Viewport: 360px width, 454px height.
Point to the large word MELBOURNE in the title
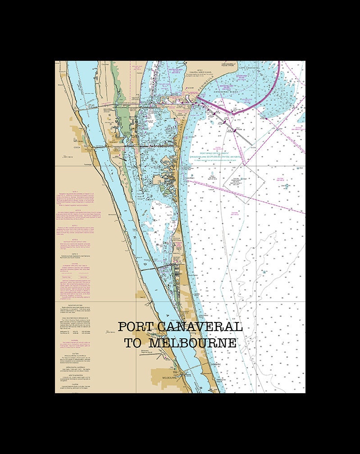coord(193,343)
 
